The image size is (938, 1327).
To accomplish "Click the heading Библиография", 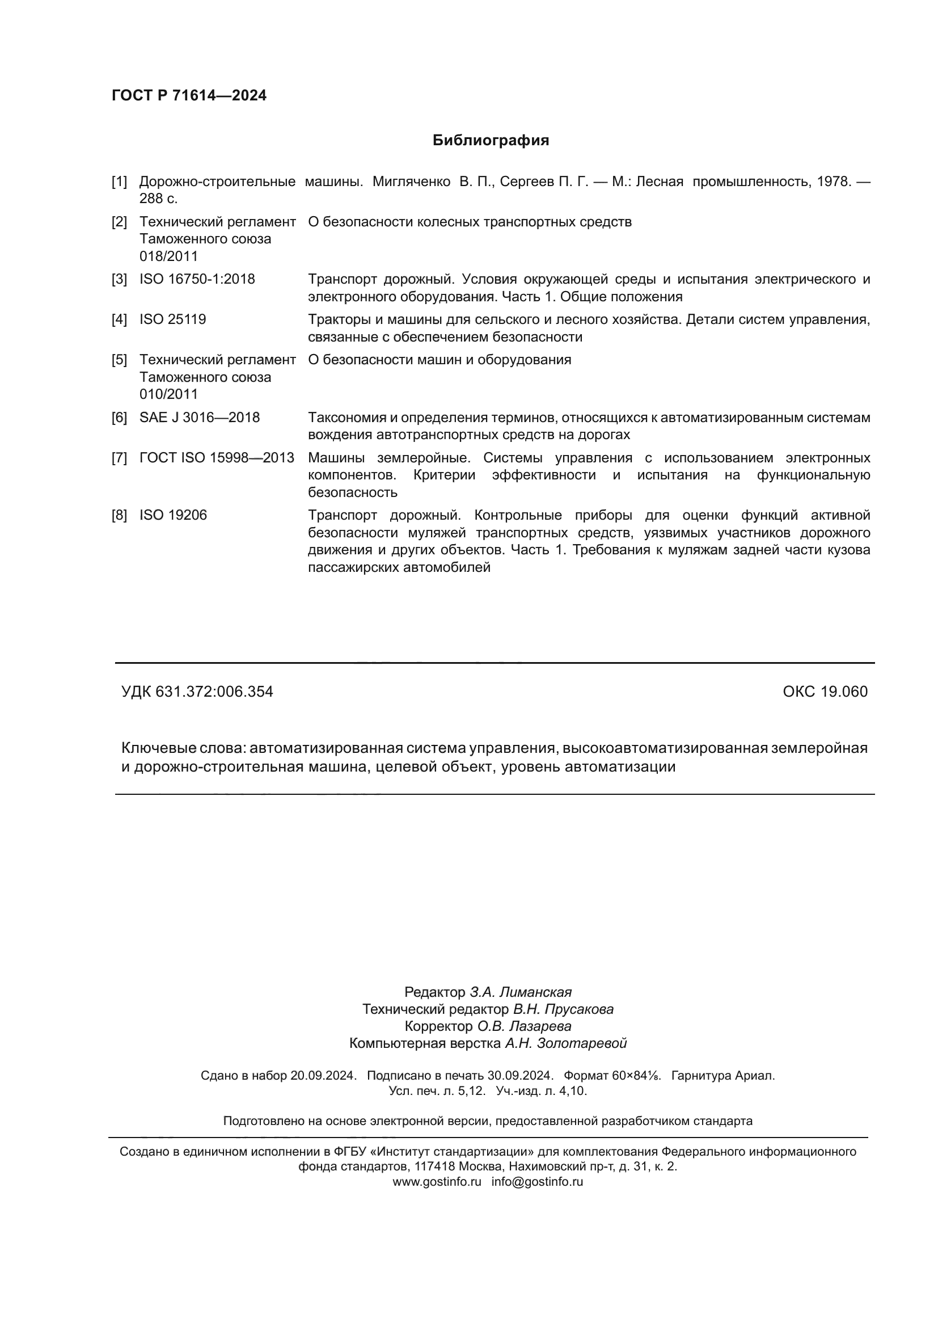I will (491, 141).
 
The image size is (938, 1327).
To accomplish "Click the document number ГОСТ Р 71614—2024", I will (189, 95).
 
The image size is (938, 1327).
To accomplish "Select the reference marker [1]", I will (119, 182).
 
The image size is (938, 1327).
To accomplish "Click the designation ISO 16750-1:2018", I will (197, 279).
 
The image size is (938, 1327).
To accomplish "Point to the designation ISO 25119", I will (173, 319).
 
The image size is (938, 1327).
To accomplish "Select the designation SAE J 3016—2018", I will (199, 418).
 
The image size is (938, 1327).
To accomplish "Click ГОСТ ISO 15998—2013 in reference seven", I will (217, 458).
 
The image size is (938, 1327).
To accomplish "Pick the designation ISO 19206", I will (173, 515).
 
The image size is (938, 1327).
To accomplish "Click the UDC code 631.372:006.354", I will (214, 692).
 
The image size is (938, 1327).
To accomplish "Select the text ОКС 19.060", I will (825, 692).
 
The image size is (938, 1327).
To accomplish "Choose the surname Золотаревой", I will (582, 1043).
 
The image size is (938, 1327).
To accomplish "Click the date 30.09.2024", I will (520, 1076).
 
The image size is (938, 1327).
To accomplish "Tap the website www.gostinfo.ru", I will (437, 1182).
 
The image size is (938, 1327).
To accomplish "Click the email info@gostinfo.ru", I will (537, 1182).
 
